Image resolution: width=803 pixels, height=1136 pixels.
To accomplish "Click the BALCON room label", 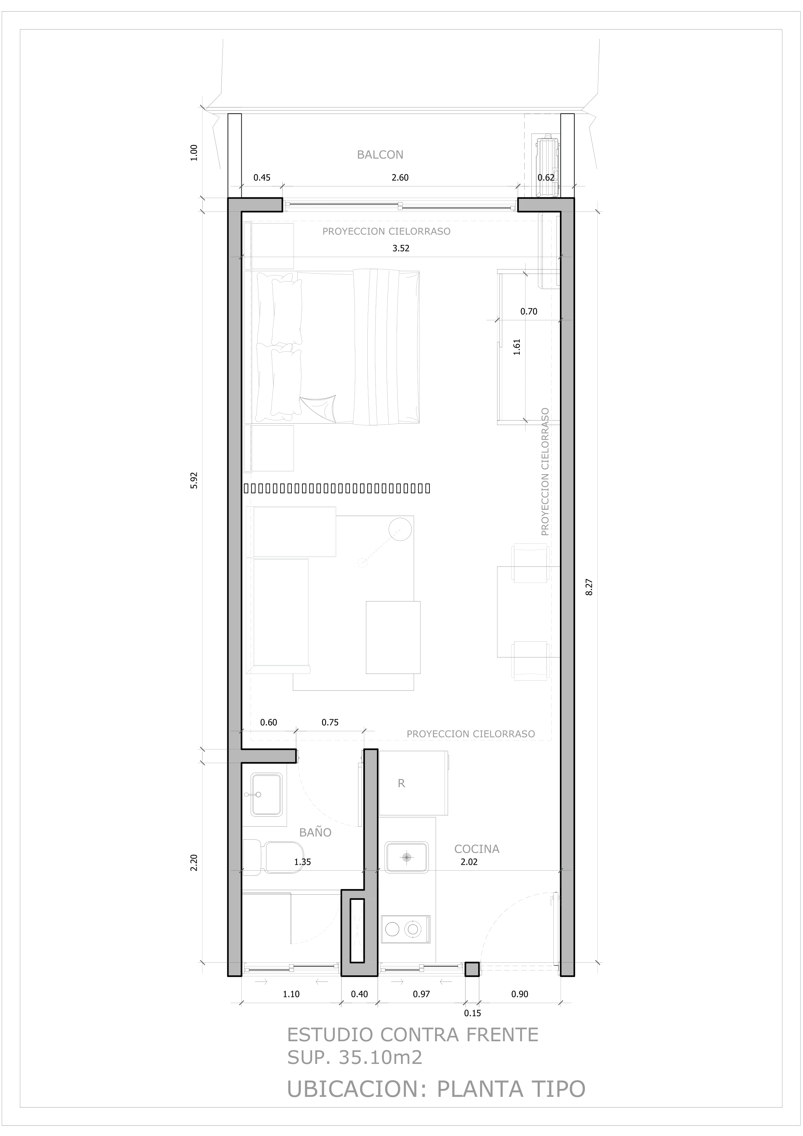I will (x=380, y=155).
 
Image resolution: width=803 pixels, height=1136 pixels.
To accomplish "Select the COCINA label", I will (x=477, y=849).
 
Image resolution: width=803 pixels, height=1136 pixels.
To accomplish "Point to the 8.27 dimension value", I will (x=589, y=587).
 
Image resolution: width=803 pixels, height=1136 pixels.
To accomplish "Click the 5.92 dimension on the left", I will (x=194, y=480).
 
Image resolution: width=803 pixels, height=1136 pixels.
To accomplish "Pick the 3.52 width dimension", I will (x=401, y=248).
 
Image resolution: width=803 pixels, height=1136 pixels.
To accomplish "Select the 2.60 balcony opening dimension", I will (x=400, y=177).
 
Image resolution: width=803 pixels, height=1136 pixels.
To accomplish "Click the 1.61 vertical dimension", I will (x=517, y=347).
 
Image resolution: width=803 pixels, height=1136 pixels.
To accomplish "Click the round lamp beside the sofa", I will (x=400, y=529).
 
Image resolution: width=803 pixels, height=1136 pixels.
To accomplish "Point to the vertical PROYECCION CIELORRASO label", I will (x=545, y=471).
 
